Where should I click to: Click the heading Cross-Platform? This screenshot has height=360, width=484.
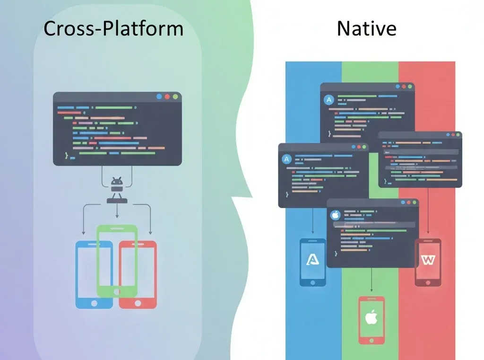coord(113,28)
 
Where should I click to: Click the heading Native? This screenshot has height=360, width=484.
coord(366,28)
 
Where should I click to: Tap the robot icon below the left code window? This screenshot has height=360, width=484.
coord(117,184)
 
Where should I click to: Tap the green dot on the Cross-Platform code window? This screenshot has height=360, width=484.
coord(175,97)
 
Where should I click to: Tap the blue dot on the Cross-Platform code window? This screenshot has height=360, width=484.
coord(159,97)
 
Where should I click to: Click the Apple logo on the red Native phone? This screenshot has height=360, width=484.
coord(371,317)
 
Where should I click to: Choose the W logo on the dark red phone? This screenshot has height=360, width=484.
coord(428,260)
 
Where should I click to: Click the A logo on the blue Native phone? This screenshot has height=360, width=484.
coord(312,259)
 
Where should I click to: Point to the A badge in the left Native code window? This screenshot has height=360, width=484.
coord(286,159)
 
